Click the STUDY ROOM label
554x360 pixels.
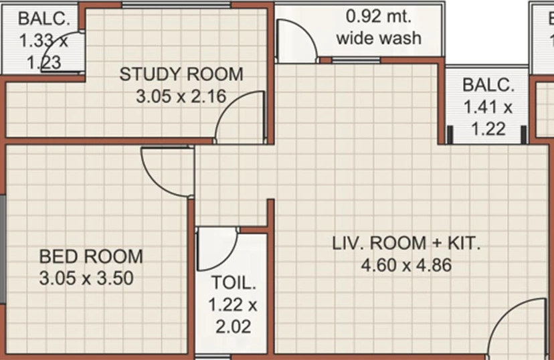coord(181,74)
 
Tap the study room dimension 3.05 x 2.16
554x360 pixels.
coord(181,96)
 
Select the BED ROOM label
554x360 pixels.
coord(91,256)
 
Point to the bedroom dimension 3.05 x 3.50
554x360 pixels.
coord(86,278)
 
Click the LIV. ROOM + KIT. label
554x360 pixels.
coord(406,243)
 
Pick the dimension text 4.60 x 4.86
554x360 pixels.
coord(406,265)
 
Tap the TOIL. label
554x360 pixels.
coord(234,282)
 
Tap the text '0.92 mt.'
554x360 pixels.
coord(379,16)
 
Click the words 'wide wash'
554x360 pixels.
coord(379,37)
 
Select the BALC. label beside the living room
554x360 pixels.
coord(488,85)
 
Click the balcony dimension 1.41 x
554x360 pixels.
coord(488,106)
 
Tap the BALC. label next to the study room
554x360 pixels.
coord(44,18)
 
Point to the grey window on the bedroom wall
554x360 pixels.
coord(3,249)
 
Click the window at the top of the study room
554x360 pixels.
coord(177,5)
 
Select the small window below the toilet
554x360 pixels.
coord(212,357)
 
